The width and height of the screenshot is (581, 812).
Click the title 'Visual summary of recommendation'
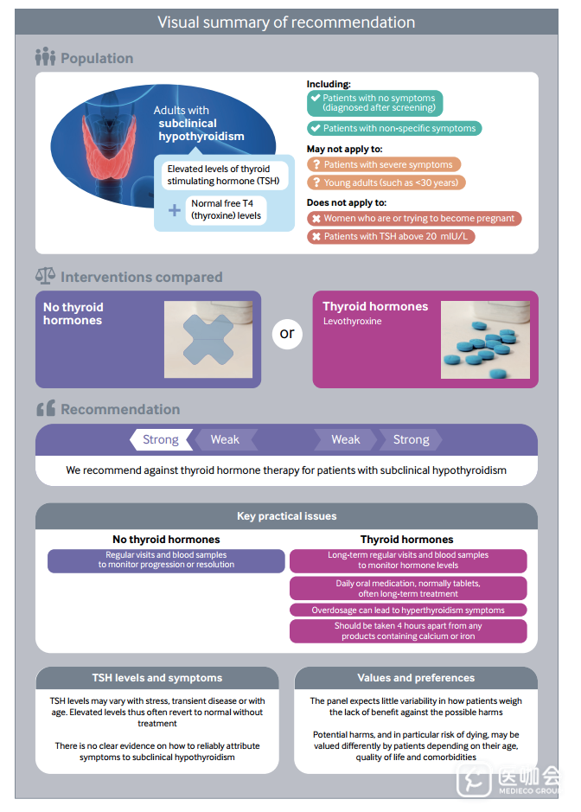(x=286, y=22)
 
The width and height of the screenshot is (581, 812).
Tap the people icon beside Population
(x=45, y=57)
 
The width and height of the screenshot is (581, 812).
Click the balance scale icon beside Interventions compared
(x=45, y=276)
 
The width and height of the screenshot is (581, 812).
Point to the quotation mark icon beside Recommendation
(x=46, y=408)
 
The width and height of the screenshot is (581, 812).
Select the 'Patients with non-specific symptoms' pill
(x=394, y=128)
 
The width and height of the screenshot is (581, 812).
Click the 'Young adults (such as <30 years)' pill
(x=386, y=182)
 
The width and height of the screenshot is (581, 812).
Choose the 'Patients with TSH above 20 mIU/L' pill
(x=392, y=236)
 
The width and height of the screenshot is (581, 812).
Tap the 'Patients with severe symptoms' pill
(x=384, y=164)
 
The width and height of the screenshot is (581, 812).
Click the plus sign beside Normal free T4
(x=175, y=210)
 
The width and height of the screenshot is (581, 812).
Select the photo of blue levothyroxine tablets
(x=485, y=339)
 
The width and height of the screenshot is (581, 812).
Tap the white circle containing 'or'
(x=287, y=333)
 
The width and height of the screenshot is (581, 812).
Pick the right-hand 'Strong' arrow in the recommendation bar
(x=411, y=439)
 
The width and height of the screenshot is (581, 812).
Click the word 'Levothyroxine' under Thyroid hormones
(x=352, y=321)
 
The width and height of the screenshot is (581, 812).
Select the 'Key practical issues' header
(x=286, y=516)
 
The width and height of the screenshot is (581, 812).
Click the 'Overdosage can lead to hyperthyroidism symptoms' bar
(x=408, y=610)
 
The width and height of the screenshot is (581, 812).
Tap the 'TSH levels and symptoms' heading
(x=157, y=678)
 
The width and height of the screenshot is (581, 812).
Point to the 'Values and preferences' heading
(x=415, y=678)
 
